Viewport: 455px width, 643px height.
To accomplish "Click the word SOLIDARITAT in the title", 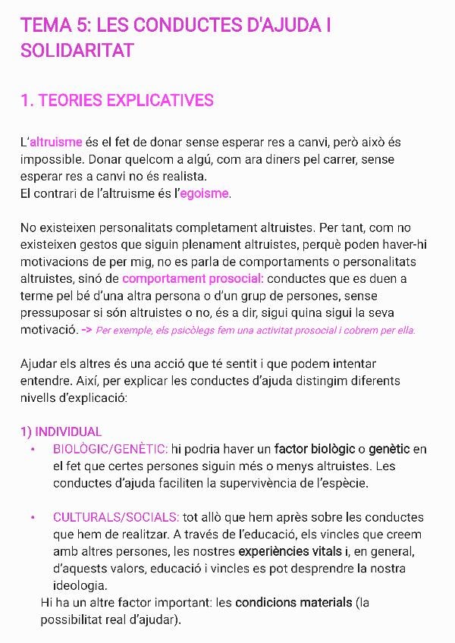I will point(77,50).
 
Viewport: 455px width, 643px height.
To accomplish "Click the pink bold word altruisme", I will point(55,143).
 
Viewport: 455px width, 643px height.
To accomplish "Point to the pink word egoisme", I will point(204,193).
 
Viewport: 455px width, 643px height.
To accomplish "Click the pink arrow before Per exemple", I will point(86,330).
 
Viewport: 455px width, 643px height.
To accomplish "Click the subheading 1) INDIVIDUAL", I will point(61,431).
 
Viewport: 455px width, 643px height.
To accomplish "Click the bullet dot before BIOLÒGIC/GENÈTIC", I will point(33,450).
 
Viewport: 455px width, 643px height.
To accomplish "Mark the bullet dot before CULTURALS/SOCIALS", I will point(33,518).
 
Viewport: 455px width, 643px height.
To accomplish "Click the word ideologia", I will point(80,585).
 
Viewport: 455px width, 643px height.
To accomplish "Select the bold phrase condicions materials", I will point(293,603).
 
